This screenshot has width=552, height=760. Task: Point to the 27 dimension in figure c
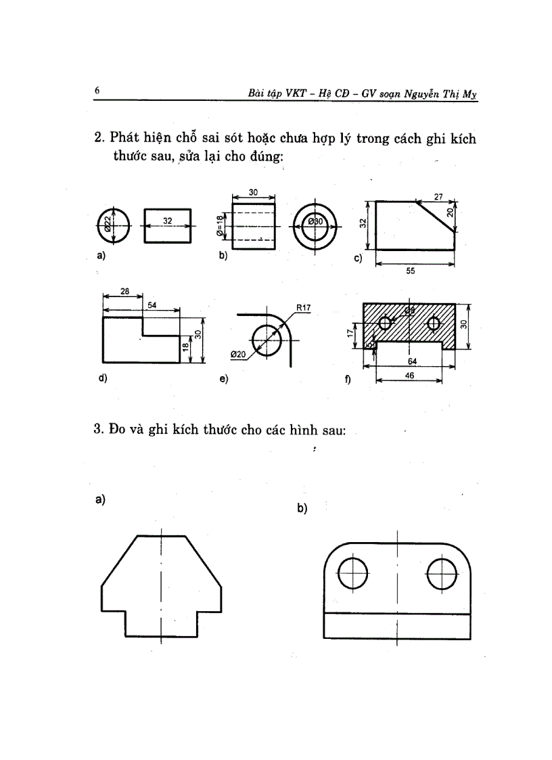(438, 196)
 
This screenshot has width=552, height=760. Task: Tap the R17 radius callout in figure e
(304, 308)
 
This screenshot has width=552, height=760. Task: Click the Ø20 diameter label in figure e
(237, 354)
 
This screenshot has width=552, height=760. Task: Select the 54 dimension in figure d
(152, 306)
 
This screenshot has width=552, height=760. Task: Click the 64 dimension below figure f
(412, 361)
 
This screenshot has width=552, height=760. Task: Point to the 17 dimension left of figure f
(350, 334)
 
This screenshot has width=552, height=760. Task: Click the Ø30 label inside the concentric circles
(317, 222)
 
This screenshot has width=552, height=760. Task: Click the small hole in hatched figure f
(385, 323)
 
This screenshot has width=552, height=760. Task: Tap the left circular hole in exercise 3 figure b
(352, 576)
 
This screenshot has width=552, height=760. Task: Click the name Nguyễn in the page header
(424, 95)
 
